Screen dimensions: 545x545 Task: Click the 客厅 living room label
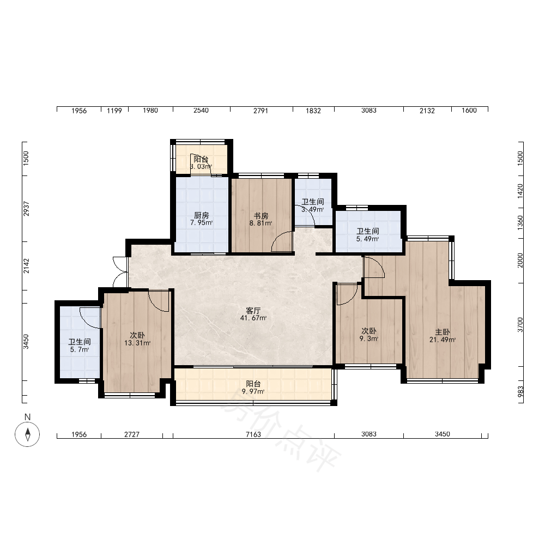[253, 311]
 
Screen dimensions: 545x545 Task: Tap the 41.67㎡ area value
[253, 318]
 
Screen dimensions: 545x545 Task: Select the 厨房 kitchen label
[202, 215]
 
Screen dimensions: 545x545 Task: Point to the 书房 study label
[261, 216]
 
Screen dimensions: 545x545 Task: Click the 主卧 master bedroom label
[443, 332]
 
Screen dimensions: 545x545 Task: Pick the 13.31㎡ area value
[137, 343]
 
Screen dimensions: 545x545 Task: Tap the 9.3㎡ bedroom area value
[369, 338]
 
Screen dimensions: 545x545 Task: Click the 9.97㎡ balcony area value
[253, 392]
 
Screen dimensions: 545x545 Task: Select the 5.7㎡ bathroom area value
[80, 350]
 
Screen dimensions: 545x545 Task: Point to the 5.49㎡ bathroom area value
[368, 239]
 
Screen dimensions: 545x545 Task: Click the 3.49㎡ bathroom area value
[313, 210]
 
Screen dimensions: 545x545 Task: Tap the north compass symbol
[27, 434]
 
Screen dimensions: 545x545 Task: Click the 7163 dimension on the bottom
[253, 434]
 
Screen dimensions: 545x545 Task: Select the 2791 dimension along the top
[261, 111]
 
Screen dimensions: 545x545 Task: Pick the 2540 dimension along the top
[201, 111]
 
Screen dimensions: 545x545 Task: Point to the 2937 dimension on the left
[26, 209]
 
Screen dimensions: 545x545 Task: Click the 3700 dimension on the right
[520, 325]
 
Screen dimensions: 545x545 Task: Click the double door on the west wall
[120, 272]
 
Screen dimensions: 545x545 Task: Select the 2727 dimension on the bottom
[132, 434]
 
